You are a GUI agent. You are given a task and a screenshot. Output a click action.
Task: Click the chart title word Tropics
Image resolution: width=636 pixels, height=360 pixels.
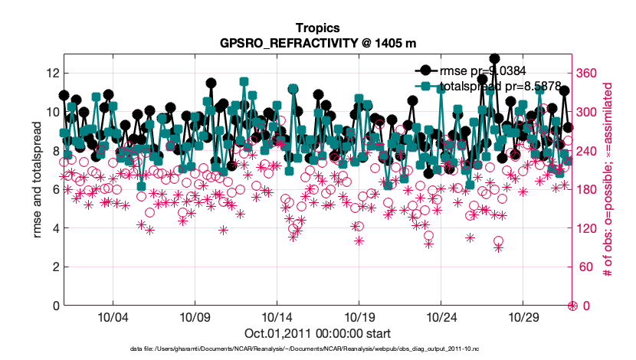click(317, 28)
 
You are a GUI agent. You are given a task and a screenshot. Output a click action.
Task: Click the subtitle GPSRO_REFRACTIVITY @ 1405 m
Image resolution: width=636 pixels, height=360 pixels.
click(317, 43)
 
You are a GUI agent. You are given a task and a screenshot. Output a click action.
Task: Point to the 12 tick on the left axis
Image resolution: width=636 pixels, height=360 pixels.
click(52, 73)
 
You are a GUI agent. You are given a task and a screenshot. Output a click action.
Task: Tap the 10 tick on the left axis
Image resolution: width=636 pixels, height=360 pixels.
click(52, 112)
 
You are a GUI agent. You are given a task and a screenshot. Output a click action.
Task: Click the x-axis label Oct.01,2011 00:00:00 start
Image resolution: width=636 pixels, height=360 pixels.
click(317, 333)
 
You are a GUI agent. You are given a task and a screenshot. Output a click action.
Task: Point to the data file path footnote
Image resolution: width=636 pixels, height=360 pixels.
click(317, 349)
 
